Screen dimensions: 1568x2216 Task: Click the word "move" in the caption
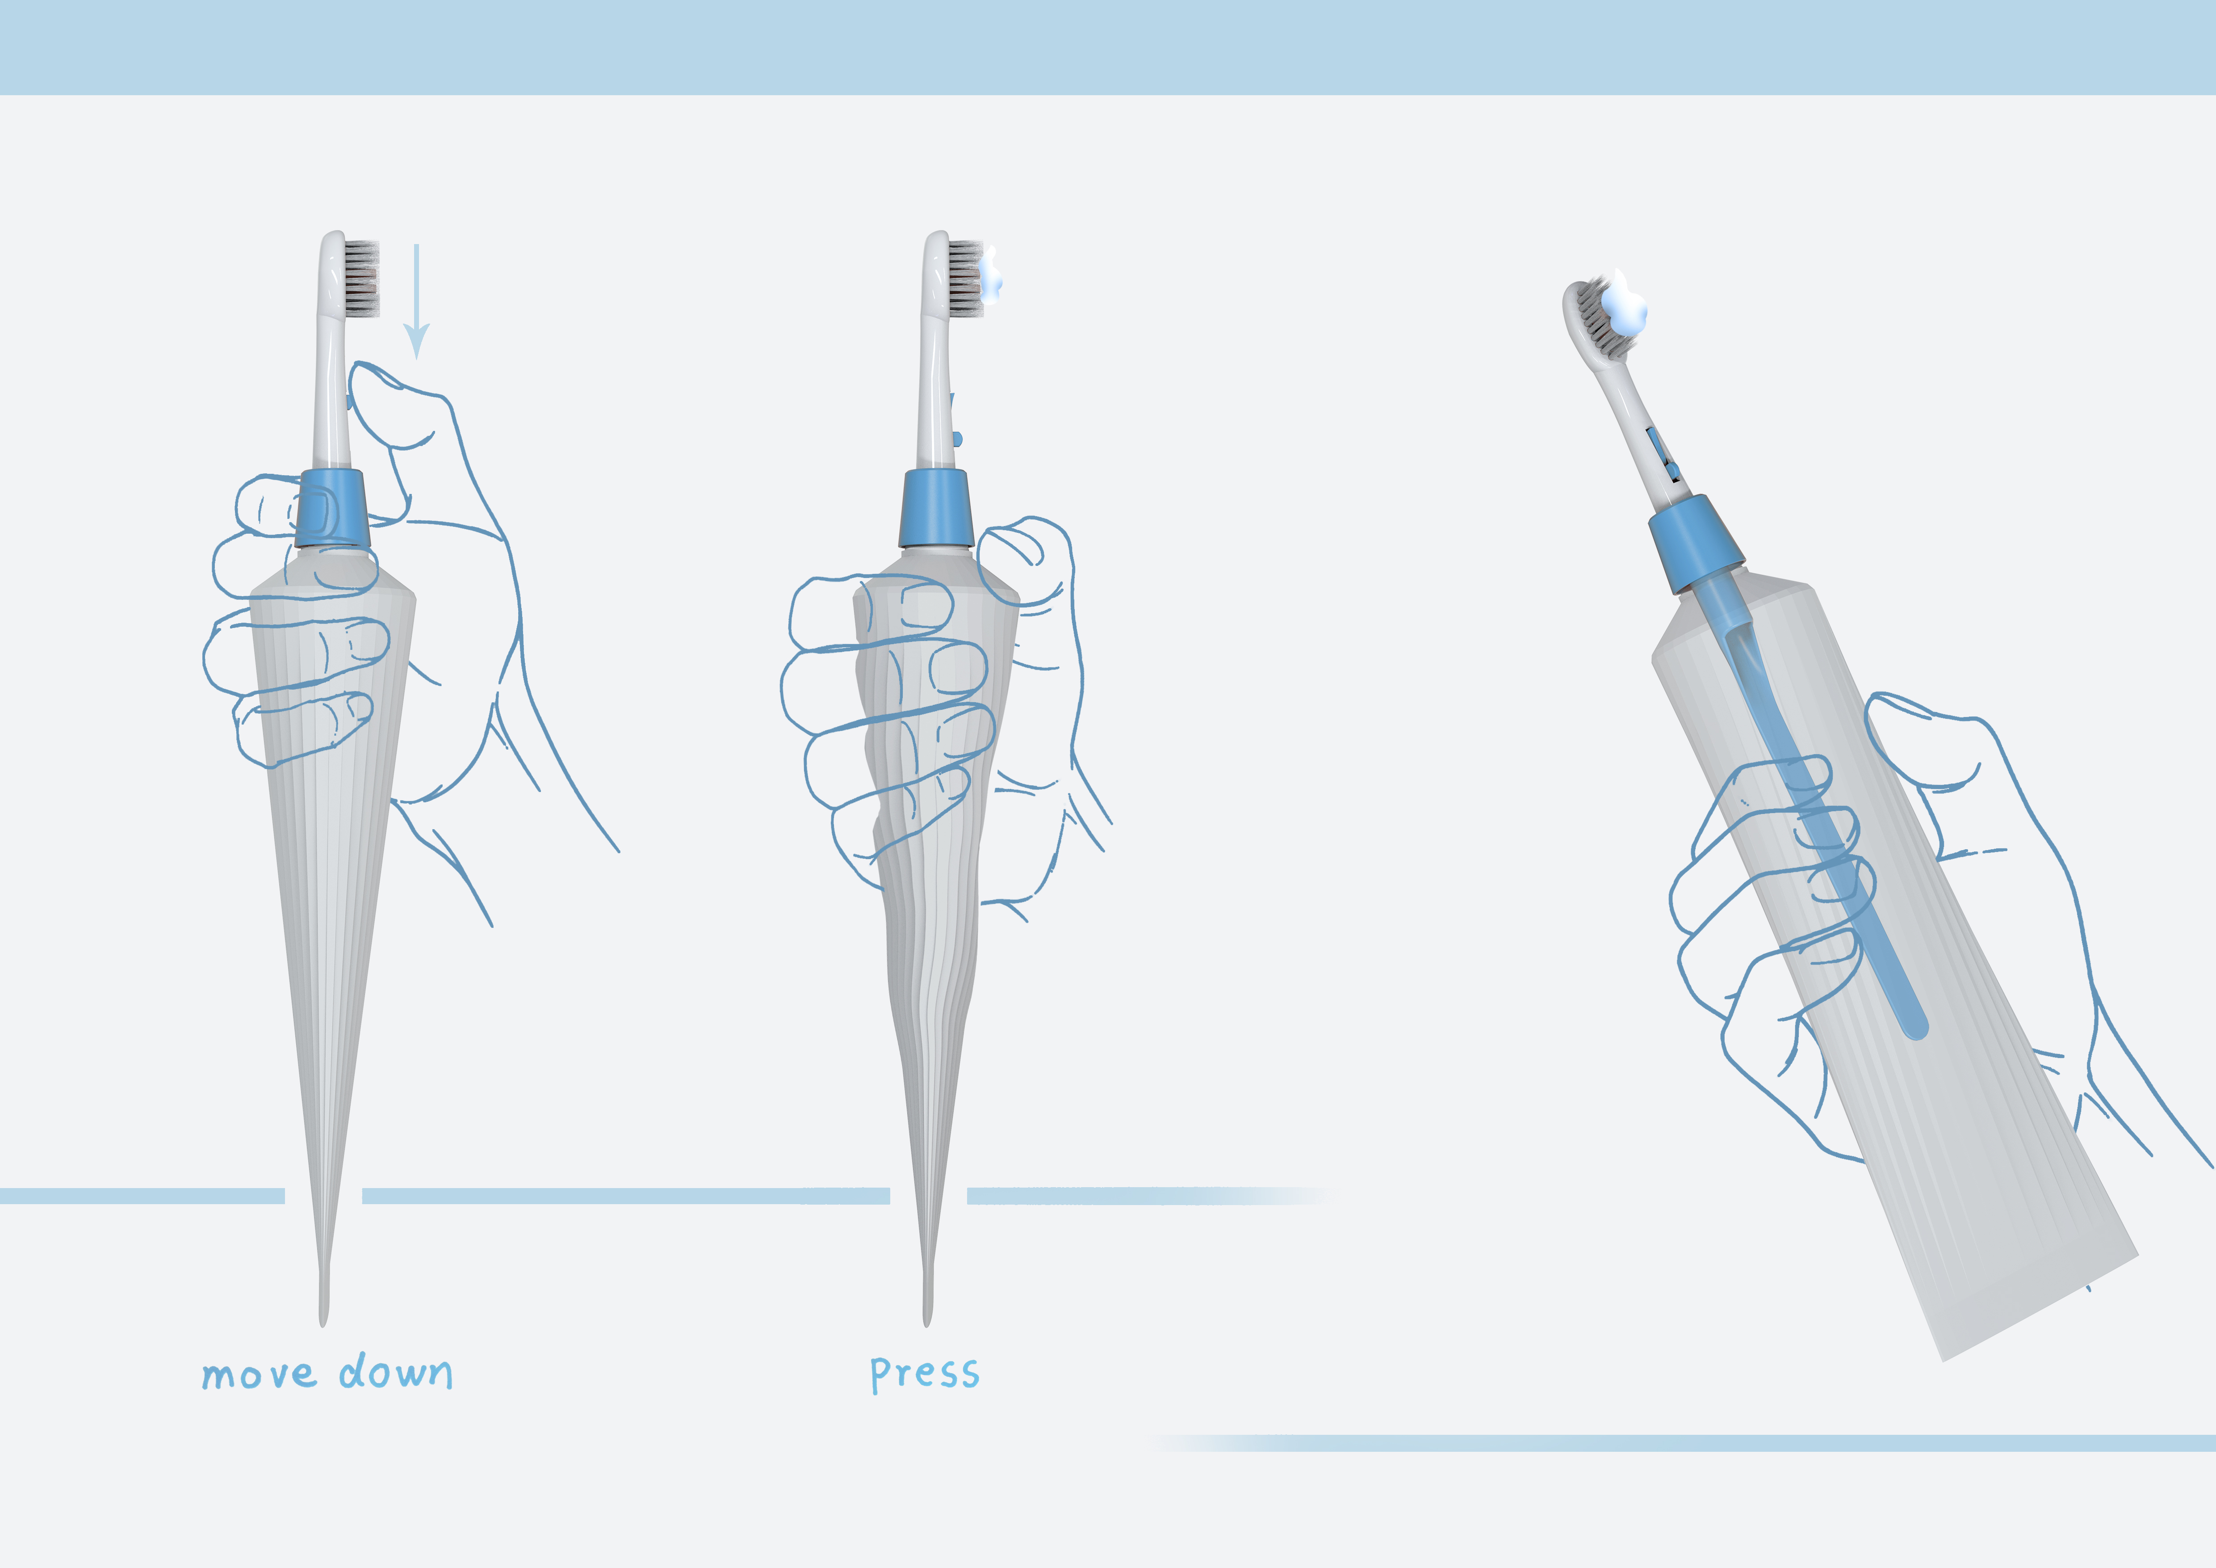258,1374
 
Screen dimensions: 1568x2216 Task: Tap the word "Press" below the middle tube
925,1373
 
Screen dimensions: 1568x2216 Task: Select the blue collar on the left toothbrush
331,509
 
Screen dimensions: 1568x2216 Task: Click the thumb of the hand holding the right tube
1921,743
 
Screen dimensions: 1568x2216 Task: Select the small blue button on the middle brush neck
956,439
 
